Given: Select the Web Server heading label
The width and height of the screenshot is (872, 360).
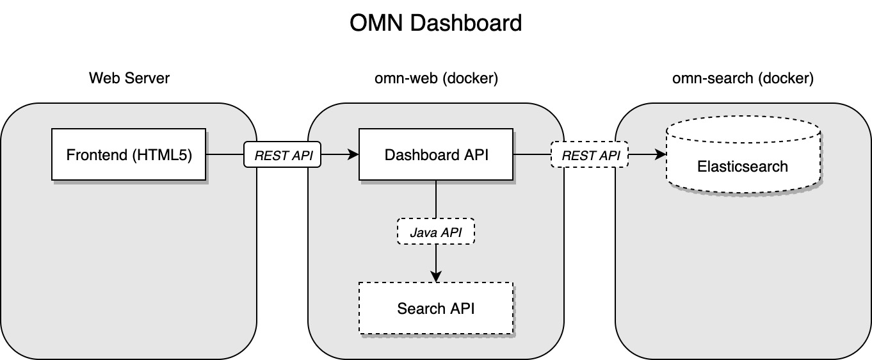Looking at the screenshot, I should coord(129,78).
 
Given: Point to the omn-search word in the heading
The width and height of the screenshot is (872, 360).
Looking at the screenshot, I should coord(709,78).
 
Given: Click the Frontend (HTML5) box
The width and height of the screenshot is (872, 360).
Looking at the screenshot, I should coord(129,154).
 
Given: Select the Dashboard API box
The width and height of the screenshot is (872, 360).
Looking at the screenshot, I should coord(436,154).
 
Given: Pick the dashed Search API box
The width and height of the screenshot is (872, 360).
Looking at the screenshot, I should coord(436,308).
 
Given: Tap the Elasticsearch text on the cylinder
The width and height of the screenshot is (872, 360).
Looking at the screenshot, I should coord(743,167).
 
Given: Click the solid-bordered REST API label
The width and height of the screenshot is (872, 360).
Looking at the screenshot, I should coord(282,154).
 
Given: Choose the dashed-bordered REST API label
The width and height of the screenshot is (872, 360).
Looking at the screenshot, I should coord(590,154).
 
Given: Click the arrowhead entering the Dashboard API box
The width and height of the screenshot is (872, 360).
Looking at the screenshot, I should coord(353,154).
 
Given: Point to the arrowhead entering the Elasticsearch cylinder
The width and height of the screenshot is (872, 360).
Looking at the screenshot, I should coord(660,154).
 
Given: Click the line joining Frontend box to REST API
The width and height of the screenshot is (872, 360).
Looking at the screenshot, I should coord(225,154).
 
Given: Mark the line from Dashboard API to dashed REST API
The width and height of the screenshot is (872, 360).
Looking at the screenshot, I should coord(531,154).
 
